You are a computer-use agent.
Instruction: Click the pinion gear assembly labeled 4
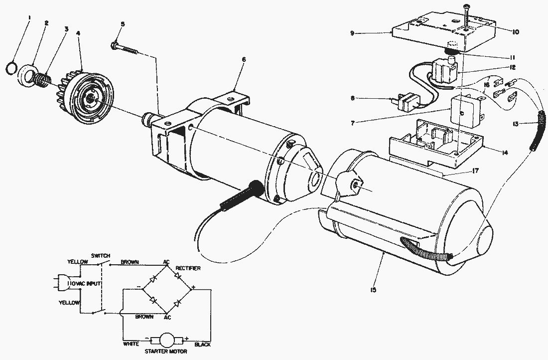tap(90, 95)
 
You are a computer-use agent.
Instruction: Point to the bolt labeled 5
tap(129, 48)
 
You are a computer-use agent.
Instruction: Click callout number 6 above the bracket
tap(244, 60)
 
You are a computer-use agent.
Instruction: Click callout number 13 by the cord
tap(518, 124)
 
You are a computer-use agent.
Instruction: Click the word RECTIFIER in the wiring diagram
tap(188, 268)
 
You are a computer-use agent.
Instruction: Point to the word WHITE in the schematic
tap(131, 344)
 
